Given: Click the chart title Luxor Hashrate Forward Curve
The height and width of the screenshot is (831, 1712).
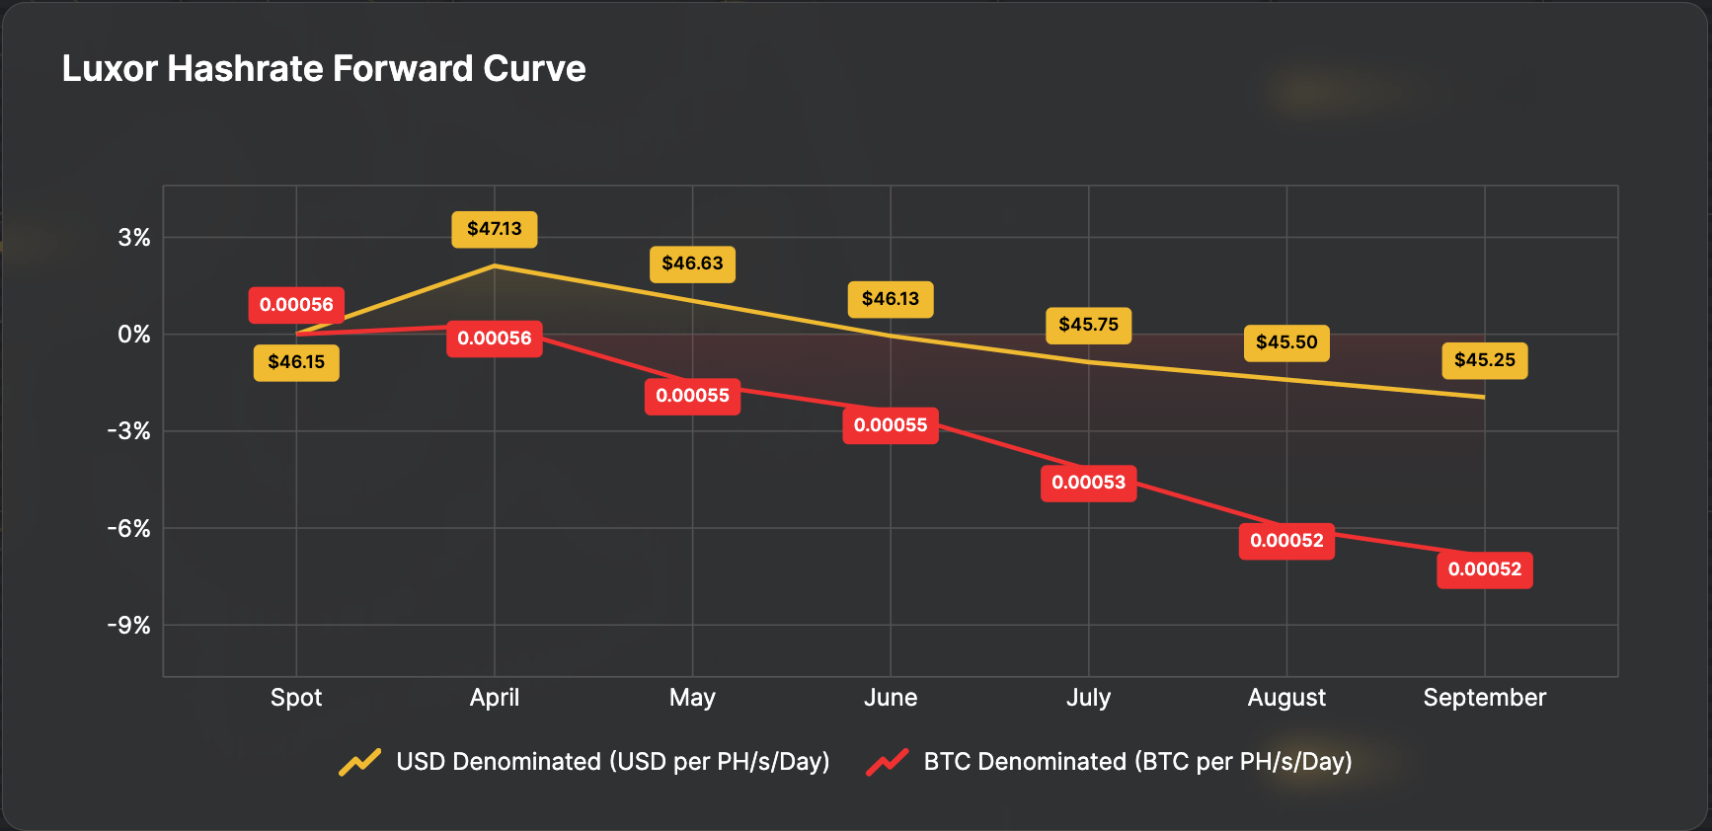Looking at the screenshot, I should click(x=324, y=69).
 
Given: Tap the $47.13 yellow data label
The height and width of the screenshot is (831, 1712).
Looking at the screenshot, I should click(x=495, y=229).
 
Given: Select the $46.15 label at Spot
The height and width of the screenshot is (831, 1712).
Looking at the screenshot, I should click(x=296, y=362).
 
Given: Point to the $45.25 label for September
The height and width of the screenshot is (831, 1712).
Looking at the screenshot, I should click(x=1484, y=360).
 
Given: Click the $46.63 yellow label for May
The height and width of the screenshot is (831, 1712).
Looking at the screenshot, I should click(x=692, y=264).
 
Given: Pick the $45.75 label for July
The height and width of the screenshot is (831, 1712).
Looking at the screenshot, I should click(x=1088, y=325).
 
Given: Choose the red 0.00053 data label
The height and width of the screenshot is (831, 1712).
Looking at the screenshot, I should click(x=1088, y=483).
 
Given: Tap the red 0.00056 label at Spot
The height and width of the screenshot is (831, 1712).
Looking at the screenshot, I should click(x=296, y=305).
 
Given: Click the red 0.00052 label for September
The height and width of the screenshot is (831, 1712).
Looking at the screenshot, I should click(x=1484, y=569).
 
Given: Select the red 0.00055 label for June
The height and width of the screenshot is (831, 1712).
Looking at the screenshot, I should click(x=891, y=425).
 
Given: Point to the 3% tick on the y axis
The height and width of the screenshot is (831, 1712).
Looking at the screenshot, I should click(x=134, y=238).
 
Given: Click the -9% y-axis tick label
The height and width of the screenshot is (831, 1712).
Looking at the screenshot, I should click(x=129, y=626).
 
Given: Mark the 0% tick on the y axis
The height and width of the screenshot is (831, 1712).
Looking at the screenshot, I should click(x=134, y=335).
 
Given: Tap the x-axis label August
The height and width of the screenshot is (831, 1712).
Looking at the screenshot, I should click(x=1285, y=698).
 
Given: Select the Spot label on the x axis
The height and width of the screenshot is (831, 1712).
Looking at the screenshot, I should click(x=296, y=698).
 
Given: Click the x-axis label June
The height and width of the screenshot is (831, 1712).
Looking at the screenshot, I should click(x=891, y=698).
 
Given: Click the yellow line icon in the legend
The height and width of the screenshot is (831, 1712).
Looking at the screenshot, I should click(x=360, y=762).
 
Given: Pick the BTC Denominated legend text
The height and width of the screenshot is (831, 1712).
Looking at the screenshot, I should click(x=1137, y=762).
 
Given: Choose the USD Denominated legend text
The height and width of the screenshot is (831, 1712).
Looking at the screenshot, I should click(x=612, y=762).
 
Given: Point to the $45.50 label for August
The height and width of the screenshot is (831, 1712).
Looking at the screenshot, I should click(x=1285, y=342).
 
